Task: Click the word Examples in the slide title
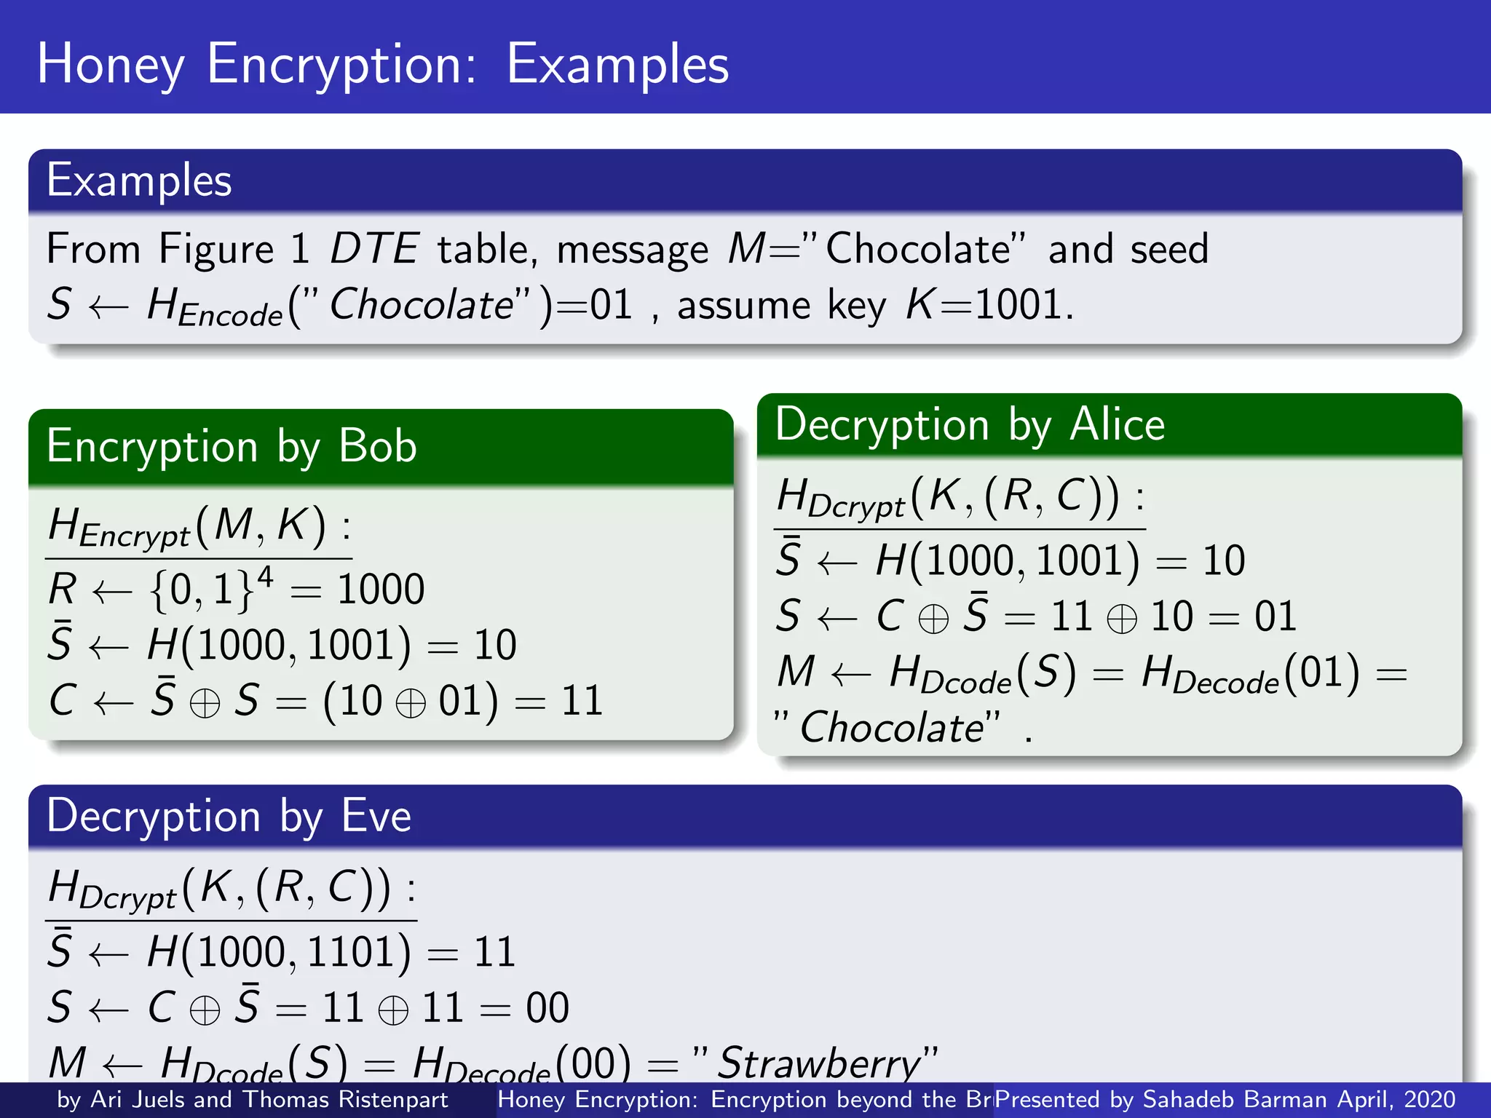(x=617, y=64)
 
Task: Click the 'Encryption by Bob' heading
(x=232, y=445)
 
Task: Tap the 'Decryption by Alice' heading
(x=970, y=424)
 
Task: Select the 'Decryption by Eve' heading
(x=229, y=815)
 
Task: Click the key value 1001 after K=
(x=1017, y=304)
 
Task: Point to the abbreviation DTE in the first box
(x=374, y=249)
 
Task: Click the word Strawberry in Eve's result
(x=819, y=1063)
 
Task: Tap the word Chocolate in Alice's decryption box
(x=892, y=727)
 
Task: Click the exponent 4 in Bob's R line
(x=265, y=577)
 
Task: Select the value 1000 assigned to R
(x=381, y=589)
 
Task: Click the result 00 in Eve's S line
(x=547, y=1008)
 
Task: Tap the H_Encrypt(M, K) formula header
(x=198, y=526)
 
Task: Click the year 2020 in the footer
(x=1429, y=1099)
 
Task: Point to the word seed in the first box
(x=1169, y=249)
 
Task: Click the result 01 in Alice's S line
(x=1275, y=617)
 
